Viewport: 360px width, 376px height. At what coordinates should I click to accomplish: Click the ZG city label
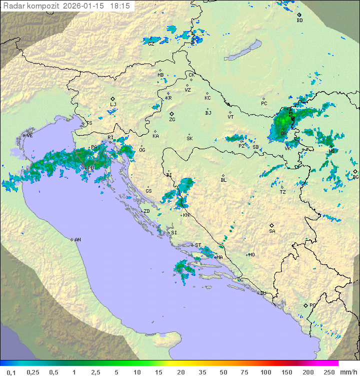coord(172,120)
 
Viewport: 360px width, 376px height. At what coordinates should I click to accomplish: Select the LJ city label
coord(113,104)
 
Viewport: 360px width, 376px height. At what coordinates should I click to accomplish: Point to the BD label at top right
coord(299,21)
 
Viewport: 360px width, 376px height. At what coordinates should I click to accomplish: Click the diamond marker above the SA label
coord(272,225)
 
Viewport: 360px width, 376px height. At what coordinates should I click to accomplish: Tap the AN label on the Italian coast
coord(77,240)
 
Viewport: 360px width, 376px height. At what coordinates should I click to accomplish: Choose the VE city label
coord(29,136)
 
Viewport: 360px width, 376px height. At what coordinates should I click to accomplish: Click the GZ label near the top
coord(150,44)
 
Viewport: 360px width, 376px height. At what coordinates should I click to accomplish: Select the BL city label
coord(223,180)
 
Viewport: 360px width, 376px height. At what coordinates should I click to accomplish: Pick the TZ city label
coord(283,192)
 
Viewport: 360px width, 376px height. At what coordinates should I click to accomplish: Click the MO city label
coord(251,255)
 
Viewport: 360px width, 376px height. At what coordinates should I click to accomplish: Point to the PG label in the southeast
coord(312,305)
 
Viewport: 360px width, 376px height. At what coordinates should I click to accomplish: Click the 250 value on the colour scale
coord(329,372)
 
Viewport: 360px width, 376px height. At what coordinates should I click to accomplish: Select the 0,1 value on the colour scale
coord(11,372)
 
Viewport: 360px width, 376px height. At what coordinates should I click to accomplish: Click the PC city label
coord(264,104)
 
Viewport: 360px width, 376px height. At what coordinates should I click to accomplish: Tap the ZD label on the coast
coord(146,211)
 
